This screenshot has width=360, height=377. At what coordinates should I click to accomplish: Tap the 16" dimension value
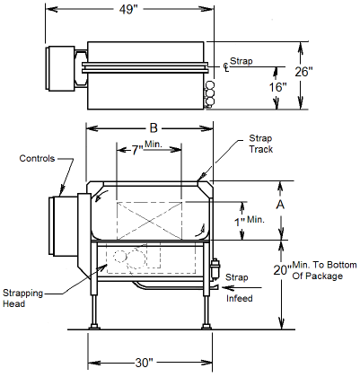(x=278, y=87)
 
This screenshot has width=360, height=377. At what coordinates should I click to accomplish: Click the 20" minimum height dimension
(x=281, y=269)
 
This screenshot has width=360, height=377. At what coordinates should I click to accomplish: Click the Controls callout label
(x=37, y=159)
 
